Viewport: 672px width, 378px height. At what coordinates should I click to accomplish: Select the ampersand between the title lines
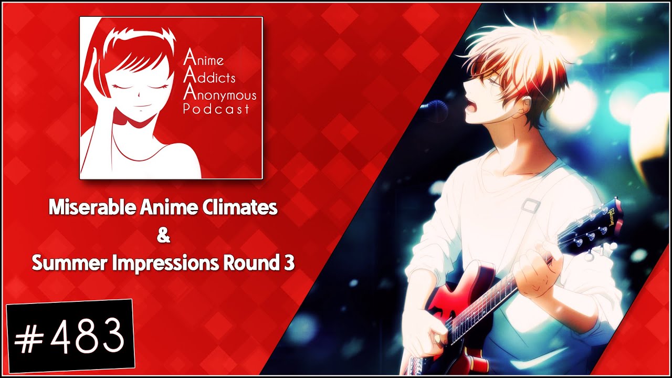pos(163,236)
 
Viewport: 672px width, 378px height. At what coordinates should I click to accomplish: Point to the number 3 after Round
pos(288,263)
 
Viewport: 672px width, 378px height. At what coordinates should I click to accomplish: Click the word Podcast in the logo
pos(216,109)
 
